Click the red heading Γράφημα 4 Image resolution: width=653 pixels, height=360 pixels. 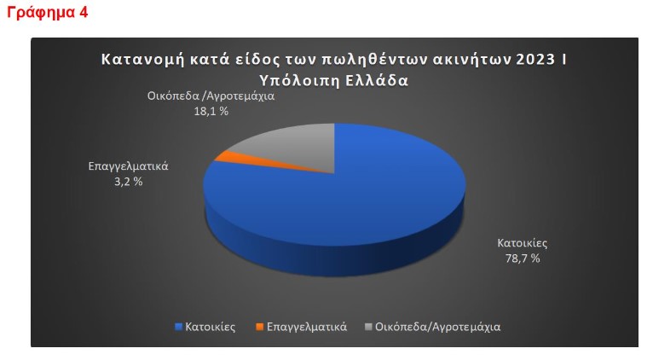(x=48, y=13)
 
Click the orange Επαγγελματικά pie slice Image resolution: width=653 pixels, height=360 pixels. (x=234, y=160)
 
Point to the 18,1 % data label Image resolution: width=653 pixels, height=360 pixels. (x=211, y=111)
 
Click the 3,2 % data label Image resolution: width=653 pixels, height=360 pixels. (x=128, y=182)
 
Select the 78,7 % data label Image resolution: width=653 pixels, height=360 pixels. (x=523, y=258)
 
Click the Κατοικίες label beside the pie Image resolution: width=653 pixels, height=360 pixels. (x=523, y=243)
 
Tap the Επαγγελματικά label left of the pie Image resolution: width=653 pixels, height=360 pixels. (x=128, y=166)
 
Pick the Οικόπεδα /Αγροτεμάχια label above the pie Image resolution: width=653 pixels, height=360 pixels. (x=211, y=96)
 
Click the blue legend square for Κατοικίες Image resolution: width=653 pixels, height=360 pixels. (x=179, y=327)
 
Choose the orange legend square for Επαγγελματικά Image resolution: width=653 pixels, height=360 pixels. (x=260, y=327)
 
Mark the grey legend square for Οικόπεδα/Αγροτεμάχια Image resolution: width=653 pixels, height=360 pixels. (x=368, y=327)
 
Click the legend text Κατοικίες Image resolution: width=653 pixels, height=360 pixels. (x=211, y=327)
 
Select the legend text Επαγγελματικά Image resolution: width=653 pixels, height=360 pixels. (x=307, y=327)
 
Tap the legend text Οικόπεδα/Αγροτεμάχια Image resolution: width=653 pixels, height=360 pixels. (x=437, y=327)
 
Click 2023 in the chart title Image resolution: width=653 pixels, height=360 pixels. (x=535, y=60)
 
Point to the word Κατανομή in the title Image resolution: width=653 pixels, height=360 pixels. (x=142, y=60)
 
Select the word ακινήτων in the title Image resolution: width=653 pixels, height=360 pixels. (x=471, y=60)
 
